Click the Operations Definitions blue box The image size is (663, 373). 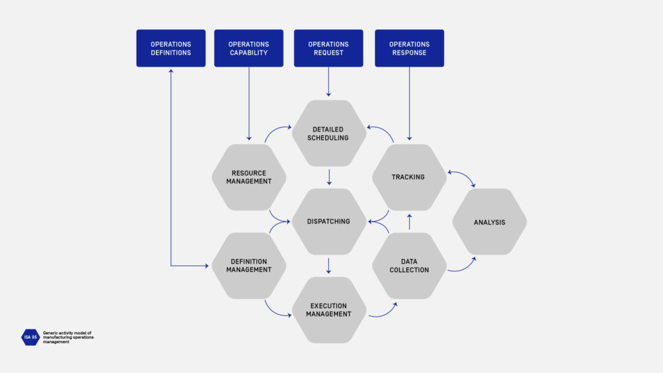coord(171,49)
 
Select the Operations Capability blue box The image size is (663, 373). coord(249,49)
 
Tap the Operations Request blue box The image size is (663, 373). coord(328,49)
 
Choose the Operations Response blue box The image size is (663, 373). coord(409,49)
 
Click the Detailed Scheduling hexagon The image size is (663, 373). coord(329,133)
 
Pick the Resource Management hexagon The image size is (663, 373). coord(249,177)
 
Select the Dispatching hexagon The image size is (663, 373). coord(329,221)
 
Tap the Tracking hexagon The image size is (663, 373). coord(409,177)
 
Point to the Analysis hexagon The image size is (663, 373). coord(489,222)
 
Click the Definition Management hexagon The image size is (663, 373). coord(249,266)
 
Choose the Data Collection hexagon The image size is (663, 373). coord(409,266)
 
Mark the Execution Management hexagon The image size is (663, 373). coord(329,310)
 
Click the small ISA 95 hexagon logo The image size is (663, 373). coord(30,337)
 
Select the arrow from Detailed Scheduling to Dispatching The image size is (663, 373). coord(329,177)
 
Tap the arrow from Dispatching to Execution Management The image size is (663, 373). coord(329,266)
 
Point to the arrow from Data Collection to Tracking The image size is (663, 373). coord(409,221)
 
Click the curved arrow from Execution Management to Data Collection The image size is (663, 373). coord(383,311)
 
